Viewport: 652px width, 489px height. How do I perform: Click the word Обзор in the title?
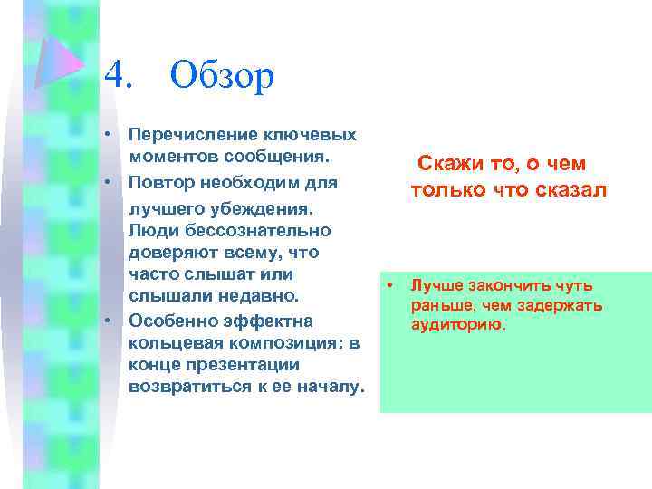(221, 75)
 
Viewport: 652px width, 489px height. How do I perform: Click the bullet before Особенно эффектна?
(108, 321)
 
